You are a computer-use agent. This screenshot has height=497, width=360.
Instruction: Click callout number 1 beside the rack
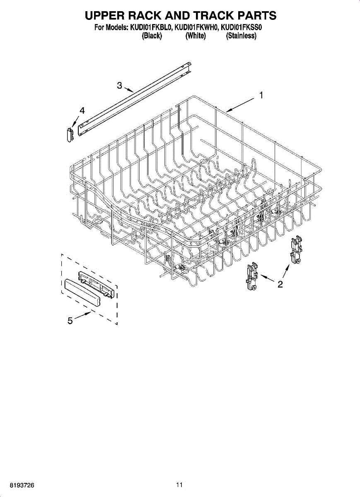261,95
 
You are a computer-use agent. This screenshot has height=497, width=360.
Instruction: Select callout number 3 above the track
119,86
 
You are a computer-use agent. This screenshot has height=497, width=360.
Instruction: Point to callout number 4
82,111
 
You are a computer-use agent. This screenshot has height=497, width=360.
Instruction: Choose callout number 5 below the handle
70,320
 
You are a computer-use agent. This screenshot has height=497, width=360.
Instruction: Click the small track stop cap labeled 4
70,135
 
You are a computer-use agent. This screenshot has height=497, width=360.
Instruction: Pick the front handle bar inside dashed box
82,292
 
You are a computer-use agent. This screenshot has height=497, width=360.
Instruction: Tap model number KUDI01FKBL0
152,28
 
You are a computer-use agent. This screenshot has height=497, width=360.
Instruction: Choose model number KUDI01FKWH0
196,28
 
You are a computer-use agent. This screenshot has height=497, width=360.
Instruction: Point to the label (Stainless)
241,36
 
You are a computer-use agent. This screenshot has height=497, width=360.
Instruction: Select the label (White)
196,36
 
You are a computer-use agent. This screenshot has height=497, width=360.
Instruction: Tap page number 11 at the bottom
179,485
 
